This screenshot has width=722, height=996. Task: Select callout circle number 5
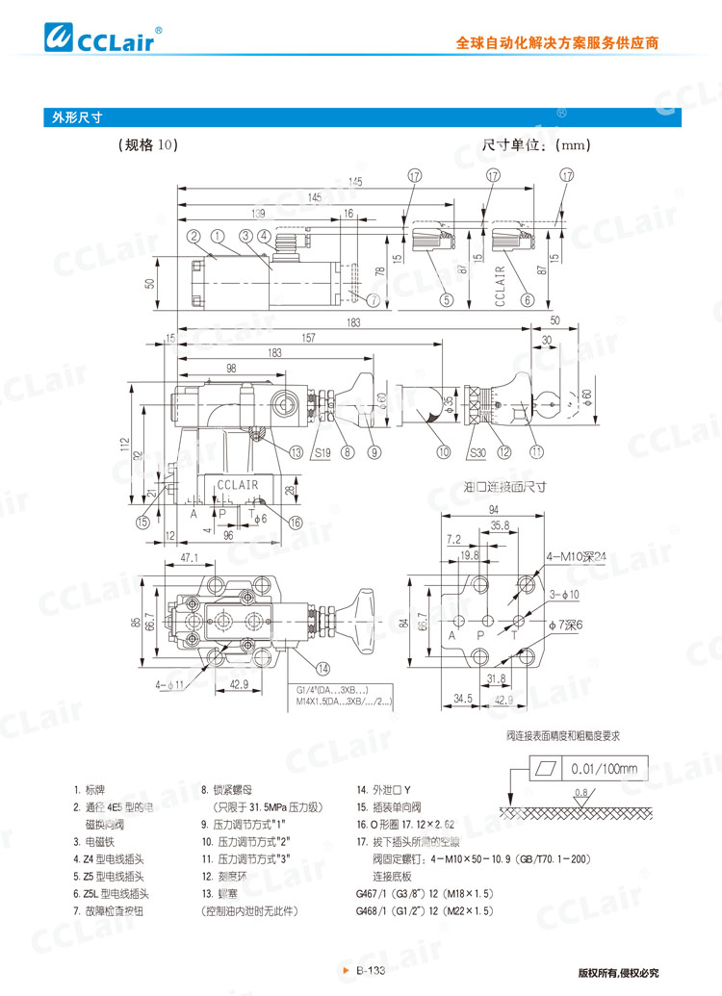(x=447, y=299)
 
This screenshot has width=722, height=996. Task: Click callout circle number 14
(x=323, y=668)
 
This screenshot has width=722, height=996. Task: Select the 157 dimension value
(x=308, y=338)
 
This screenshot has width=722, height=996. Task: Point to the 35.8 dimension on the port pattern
(x=499, y=525)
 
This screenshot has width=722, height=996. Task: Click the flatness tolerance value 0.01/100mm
(x=604, y=769)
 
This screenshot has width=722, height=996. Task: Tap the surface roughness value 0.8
(x=580, y=793)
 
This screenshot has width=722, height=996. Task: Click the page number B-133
(x=371, y=971)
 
